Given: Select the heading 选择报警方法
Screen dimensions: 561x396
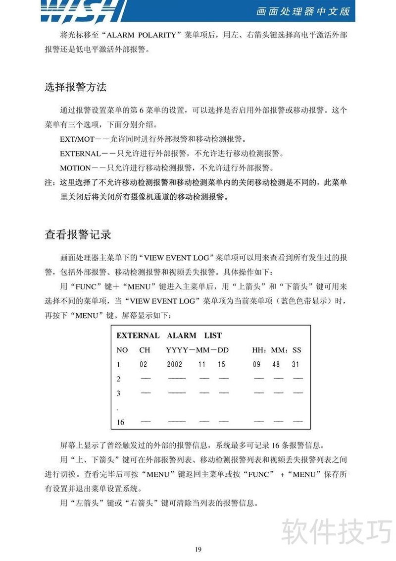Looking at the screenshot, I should (76, 87).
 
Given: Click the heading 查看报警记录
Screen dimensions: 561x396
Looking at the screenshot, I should (78, 234).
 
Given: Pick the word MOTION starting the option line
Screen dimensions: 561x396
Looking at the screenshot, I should (75, 168).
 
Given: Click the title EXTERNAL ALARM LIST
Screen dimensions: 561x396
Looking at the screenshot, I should (169, 336).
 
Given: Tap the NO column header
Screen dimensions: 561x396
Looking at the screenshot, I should (122, 350).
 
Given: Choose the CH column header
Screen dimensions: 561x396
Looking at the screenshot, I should (145, 350).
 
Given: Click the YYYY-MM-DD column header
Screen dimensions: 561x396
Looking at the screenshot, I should (198, 350).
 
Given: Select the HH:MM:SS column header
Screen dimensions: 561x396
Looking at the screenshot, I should (276, 350).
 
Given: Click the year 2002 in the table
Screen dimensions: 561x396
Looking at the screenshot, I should (175, 364).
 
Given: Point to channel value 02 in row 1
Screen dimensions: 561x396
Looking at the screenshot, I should (144, 364).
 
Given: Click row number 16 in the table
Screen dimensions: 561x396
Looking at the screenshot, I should (120, 422).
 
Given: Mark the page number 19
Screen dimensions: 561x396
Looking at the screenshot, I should (198, 549).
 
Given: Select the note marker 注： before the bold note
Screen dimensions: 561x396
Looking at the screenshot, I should (50, 182).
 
